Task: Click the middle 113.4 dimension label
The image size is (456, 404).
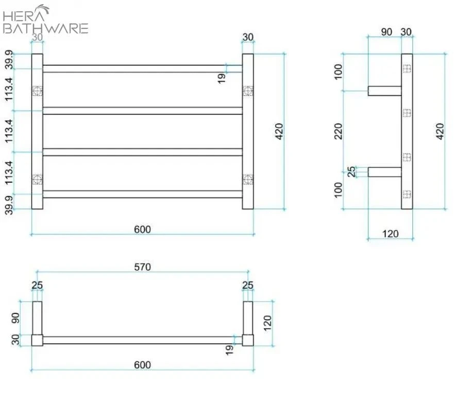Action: pyautogui.click(x=10, y=131)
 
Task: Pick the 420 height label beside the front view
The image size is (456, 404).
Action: pyautogui.click(x=279, y=132)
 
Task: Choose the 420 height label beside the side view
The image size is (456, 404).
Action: pyautogui.click(x=440, y=132)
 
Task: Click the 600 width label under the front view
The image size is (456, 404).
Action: pyautogui.click(x=142, y=229)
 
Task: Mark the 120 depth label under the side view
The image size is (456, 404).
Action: pyautogui.click(x=391, y=234)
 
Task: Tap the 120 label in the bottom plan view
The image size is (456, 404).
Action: pyautogui.click(x=267, y=323)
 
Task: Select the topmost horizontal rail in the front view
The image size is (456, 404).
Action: pyautogui.click(x=142, y=68)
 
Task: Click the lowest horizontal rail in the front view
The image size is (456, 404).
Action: pyautogui.click(x=142, y=194)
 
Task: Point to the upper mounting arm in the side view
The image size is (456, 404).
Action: pyautogui.click(x=384, y=91)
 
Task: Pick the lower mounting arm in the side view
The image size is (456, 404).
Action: pyautogui.click(x=384, y=172)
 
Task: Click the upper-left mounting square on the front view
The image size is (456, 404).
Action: pyautogui.click(x=37, y=91)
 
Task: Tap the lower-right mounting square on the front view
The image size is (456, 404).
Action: pyautogui.click(x=248, y=179)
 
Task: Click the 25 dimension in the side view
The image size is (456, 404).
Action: pyautogui.click(x=352, y=171)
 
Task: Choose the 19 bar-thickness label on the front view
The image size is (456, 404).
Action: pyautogui.click(x=222, y=78)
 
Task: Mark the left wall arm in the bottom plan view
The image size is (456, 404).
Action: pyautogui.click(x=37, y=318)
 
